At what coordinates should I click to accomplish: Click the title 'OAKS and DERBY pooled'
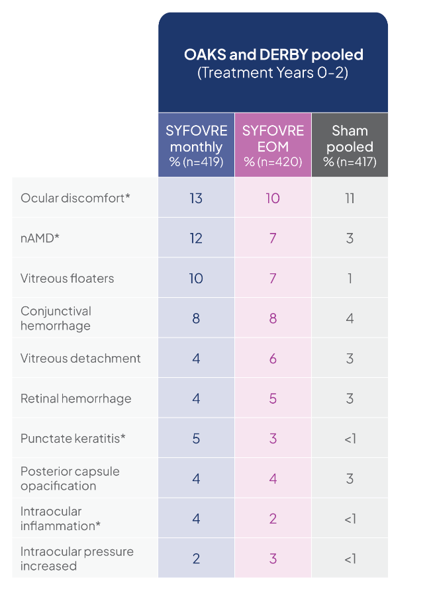[273, 54]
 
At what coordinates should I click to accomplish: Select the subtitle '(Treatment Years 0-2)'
[273, 72]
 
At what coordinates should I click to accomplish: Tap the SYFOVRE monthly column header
[196, 146]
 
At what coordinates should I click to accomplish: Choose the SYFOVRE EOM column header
[273, 146]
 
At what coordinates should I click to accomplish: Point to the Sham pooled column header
[350, 146]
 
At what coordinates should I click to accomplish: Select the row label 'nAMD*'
[40, 238]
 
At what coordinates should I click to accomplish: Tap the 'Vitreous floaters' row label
[67, 278]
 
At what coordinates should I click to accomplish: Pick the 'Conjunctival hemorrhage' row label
[56, 318]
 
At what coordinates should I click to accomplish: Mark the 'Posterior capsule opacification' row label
[70, 479]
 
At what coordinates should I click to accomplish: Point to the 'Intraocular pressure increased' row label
[77, 559]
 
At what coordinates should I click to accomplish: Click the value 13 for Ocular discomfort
[196, 198]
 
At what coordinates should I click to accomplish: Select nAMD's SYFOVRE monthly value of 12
[196, 238]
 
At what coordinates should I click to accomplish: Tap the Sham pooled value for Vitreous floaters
[350, 278]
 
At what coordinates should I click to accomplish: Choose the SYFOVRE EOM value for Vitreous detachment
[273, 359]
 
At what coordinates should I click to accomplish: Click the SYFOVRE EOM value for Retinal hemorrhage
[273, 398]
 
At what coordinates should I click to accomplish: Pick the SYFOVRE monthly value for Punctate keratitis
[196, 439]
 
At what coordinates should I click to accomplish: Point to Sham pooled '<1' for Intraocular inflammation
[350, 519]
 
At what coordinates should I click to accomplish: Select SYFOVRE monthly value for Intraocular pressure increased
[196, 559]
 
